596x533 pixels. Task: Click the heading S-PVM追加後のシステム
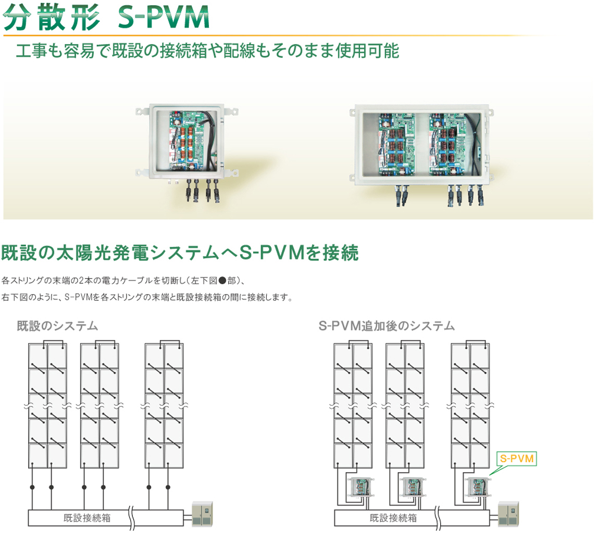(x=387, y=326)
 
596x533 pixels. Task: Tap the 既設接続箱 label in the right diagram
(x=393, y=517)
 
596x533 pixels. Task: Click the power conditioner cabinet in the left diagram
(x=203, y=514)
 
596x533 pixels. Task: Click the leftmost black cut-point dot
(x=32, y=487)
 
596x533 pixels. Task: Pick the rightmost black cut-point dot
(x=168, y=487)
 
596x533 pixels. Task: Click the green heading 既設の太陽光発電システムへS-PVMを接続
(x=180, y=253)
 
